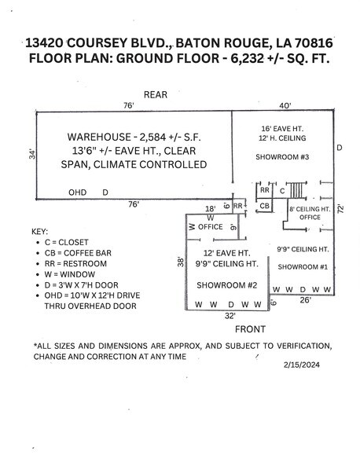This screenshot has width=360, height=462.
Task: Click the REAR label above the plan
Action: pyautogui.click(x=156, y=94)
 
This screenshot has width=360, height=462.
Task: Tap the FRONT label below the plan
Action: pyautogui.click(x=250, y=329)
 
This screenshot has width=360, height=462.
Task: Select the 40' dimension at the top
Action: pyautogui.click(x=285, y=105)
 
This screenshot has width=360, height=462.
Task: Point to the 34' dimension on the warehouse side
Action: pyautogui.click(x=32, y=155)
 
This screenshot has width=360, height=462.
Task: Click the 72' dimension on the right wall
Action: pyautogui.click(x=340, y=209)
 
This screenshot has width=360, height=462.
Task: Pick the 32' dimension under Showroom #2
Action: pyautogui.click(x=230, y=316)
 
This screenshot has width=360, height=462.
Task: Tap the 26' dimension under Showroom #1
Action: pyautogui.click(x=305, y=300)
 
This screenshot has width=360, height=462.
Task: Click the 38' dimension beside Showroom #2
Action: pyautogui.click(x=181, y=262)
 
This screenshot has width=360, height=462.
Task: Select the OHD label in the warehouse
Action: pyautogui.click(x=77, y=192)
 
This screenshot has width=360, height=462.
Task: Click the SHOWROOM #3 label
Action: pyautogui.click(x=282, y=157)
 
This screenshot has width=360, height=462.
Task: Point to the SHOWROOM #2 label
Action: pyautogui.click(x=226, y=285)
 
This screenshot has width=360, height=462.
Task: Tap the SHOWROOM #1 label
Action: pyautogui.click(x=303, y=267)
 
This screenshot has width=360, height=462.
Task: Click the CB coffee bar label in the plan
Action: pyautogui.click(x=264, y=206)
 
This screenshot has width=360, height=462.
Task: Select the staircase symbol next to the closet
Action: pyautogui.click(x=296, y=190)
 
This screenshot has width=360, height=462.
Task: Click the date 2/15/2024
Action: pyautogui.click(x=302, y=365)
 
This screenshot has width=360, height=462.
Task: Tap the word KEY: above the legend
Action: pyautogui.click(x=39, y=232)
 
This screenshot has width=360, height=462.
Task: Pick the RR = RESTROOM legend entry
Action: pyautogui.click(x=75, y=263)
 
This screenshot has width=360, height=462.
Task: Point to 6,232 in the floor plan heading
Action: pyautogui.click(x=247, y=58)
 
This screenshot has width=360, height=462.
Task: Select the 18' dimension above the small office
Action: pyautogui.click(x=210, y=209)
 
